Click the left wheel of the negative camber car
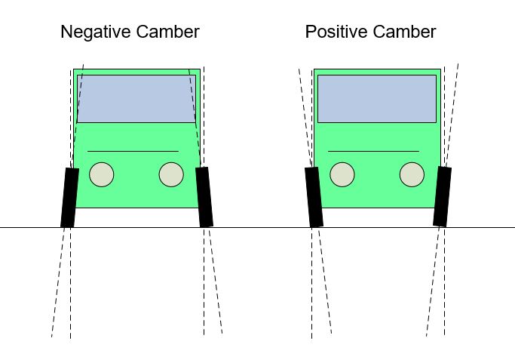(x=69, y=197)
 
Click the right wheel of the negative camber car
(x=204, y=197)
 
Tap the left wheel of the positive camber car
(x=314, y=197)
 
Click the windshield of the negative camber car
(x=136, y=98)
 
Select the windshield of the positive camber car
(x=376, y=98)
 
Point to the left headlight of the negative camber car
(x=101, y=174)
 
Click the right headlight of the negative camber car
(x=171, y=174)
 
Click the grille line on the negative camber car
(x=133, y=151)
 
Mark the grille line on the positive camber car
(x=372, y=151)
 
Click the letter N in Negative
(x=66, y=32)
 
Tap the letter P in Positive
(x=311, y=32)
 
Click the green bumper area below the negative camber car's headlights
(x=136, y=198)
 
